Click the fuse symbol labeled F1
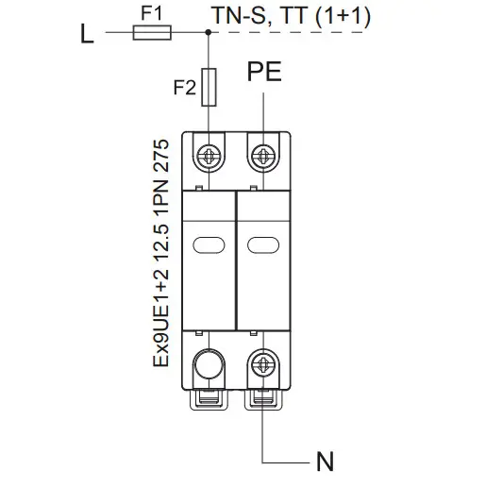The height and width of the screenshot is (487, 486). coord(152,32)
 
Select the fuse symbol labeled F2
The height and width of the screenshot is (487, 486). coord(209,87)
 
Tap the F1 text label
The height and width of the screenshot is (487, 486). coord(151,13)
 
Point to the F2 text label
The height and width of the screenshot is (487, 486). coord(185,88)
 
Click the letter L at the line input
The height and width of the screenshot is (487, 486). coord(87,33)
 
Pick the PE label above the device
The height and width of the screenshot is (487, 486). coord(264,72)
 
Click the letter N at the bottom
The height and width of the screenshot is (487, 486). coord(325,462)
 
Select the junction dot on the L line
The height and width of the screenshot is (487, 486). coord(208,32)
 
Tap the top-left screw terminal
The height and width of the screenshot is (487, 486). coord(209,156)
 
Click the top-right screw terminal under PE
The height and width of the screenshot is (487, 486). coord(263,156)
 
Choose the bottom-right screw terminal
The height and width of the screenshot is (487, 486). coord(263,364)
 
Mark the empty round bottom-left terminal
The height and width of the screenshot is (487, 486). coord(209,364)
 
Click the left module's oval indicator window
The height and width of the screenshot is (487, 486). coord(209,245)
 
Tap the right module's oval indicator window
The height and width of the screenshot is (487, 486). coord(263,245)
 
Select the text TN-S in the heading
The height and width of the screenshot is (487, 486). coord(240,16)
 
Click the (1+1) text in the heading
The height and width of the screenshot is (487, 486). coord(343,16)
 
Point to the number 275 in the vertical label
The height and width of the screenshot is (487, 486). coord(161,156)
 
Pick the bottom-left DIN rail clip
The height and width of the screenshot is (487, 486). coord(209,399)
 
